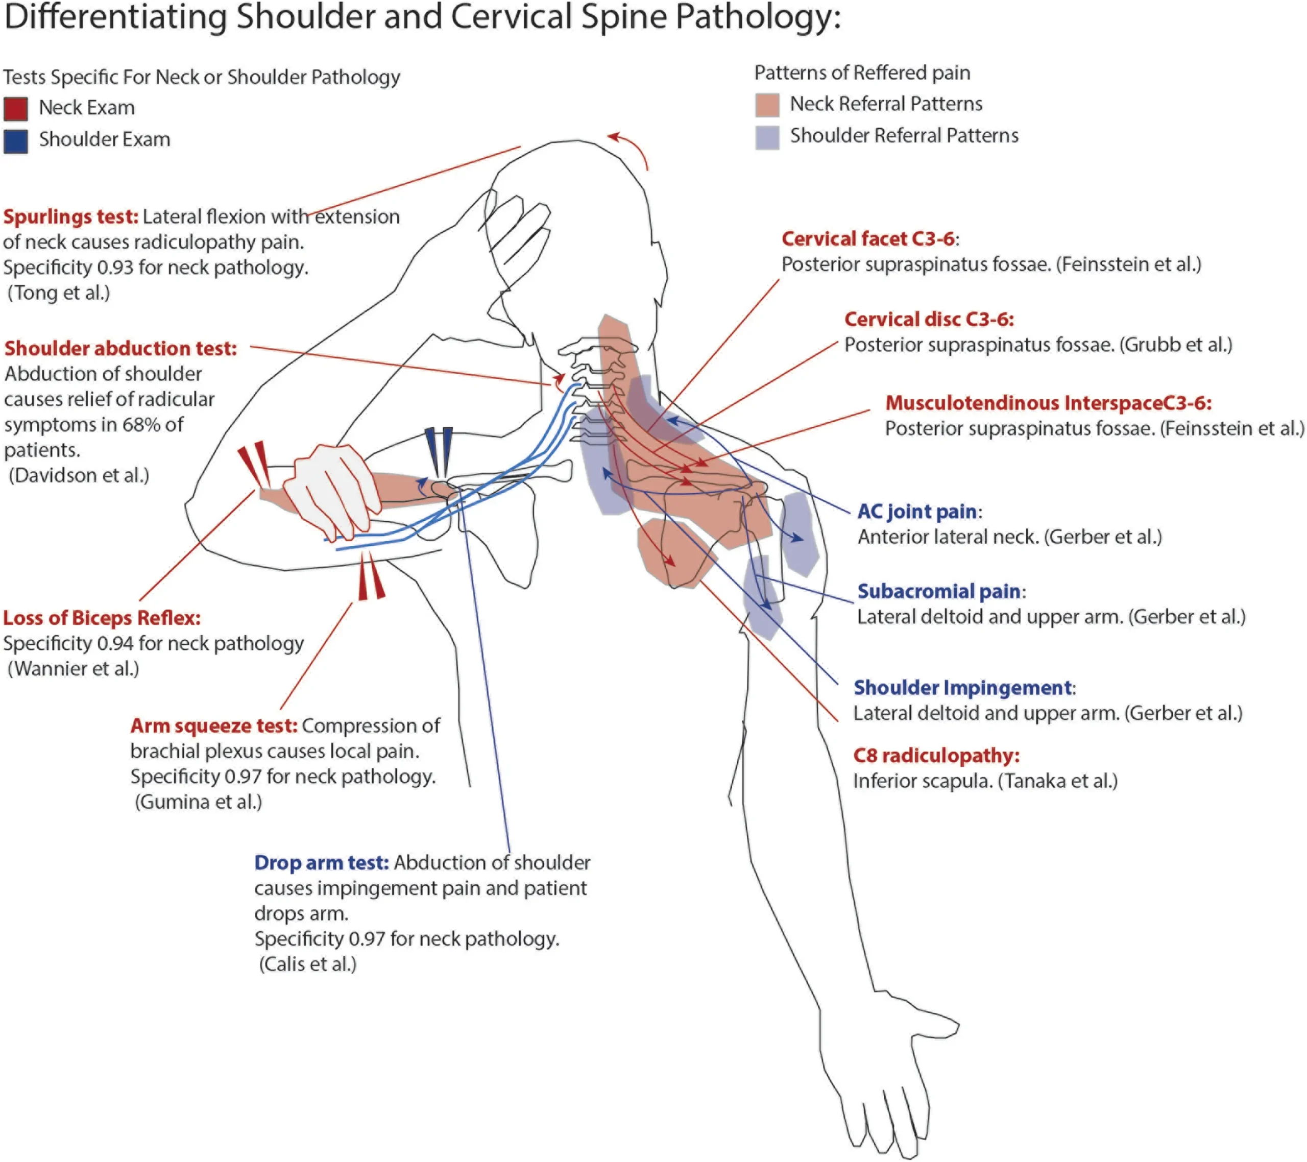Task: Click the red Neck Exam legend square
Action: click(15, 109)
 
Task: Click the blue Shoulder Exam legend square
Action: click(15, 141)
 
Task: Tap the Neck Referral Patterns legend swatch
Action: click(767, 105)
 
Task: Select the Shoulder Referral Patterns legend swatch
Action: click(767, 137)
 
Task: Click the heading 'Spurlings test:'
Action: click(70, 217)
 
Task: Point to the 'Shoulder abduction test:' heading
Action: click(120, 349)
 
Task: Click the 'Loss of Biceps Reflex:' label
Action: click(102, 618)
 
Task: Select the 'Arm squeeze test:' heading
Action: click(213, 726)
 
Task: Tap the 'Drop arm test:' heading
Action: click(321, 863)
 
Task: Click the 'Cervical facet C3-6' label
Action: click(868, 239)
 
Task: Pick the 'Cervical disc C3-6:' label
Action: click(929, 319)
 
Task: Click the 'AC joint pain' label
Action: click(917, 512)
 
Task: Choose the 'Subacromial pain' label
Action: click(938, 592)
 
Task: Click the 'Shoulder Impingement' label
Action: click(962, 688)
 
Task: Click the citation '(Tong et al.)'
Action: click(59, 293)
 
